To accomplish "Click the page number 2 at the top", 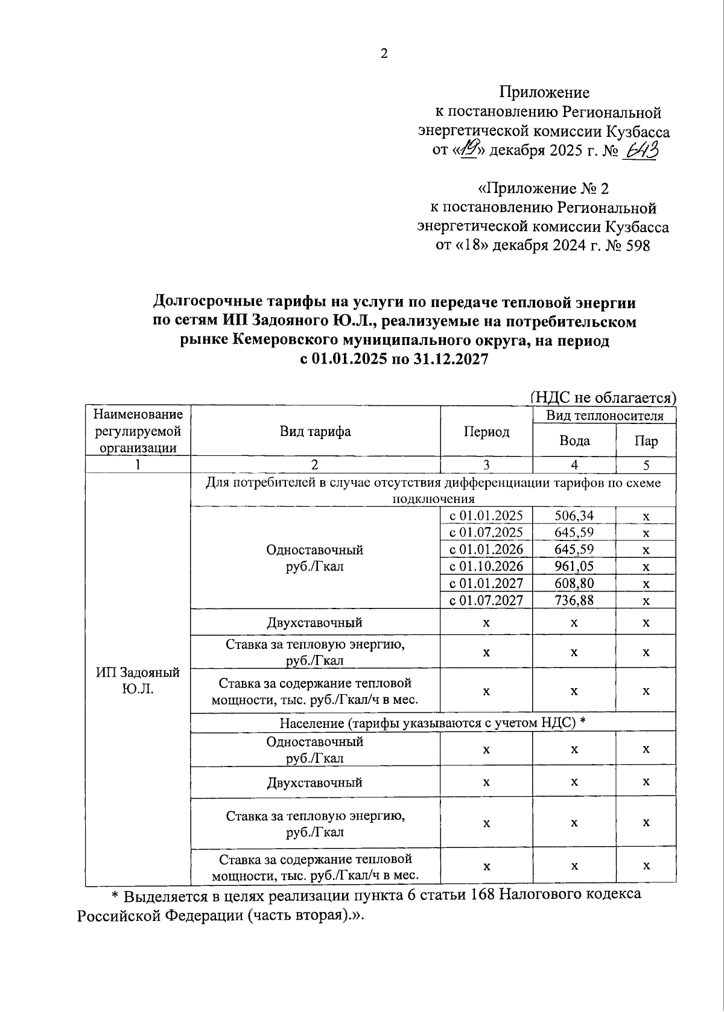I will (384, 54).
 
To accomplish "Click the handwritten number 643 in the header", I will (641, 150).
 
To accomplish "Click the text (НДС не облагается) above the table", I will (605, 397).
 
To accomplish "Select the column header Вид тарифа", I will (315, 431).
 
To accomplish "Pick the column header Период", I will (486, 432).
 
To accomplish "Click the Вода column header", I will (574, 441).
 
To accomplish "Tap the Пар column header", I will (646, 441).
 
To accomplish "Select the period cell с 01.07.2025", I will (486, 533).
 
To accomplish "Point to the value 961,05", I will (574, 566).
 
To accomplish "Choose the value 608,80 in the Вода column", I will (574, 583).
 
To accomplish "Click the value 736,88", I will (574, 600).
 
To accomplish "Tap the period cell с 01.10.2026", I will (486, 566).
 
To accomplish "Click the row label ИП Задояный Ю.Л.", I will (138, 680).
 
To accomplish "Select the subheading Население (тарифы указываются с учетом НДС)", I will (433, 723).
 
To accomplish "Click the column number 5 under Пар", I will (646, 465).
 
